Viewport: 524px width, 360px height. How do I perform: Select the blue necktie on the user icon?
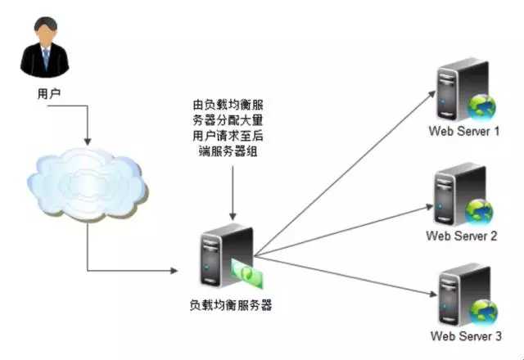tap(46, 58)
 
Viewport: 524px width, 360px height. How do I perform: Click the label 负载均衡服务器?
tap(230, 305)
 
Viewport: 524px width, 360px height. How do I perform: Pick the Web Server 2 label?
tap(462, 236)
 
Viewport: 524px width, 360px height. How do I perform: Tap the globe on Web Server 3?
tap(481, 313)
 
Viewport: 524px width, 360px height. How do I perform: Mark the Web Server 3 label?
tap(464, 336)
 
